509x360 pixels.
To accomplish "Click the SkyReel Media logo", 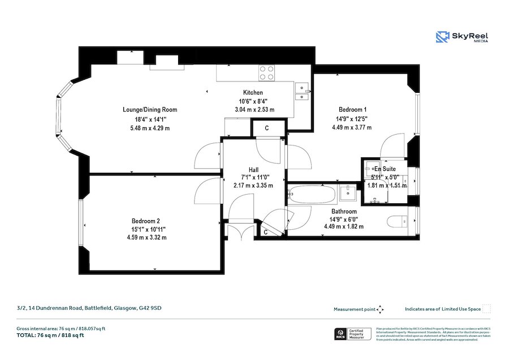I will pyautogui.click(x=462, y=37).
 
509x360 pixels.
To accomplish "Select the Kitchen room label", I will pyautogui.click(x=253, y=93).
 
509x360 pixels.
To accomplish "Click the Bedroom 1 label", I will pyautogui.click(x=352, y=109).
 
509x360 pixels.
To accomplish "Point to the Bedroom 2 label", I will pyautogui.click(x=146, y=221).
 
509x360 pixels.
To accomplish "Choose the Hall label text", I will pyautogui.click(x=253, y=169).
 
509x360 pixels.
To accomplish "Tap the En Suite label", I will pyautogui.click(x=385, y=169).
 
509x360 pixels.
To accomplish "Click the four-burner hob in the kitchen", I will pyautogui.click(x=267, y=72).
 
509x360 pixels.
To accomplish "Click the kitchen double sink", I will pyautogui.click(x=302, y=92).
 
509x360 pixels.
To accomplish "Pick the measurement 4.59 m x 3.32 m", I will pyautogui.click(x=146, y=237).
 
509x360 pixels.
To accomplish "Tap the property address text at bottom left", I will pyautogui.click(x=89, y=308).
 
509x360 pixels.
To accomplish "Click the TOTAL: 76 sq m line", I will pyautogui.click(x=50, y=335).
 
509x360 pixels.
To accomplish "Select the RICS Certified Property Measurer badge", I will pyautogui.click(x=353, y=334).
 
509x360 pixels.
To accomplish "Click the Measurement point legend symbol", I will pyautogui.click(x=380, y=309).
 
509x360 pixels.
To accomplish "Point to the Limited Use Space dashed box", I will pyautogui.click(x=486, y=308).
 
